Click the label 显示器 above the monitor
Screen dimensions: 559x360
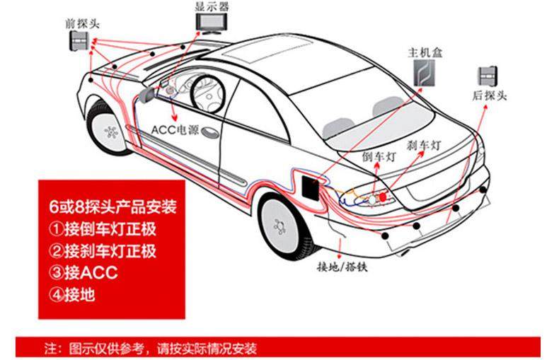(x=211, y=6)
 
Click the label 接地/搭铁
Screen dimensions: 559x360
(x=342, y=267)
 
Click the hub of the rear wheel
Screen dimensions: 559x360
(x=282, y=220)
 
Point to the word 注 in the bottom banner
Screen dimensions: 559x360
(x=50, y=349)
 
